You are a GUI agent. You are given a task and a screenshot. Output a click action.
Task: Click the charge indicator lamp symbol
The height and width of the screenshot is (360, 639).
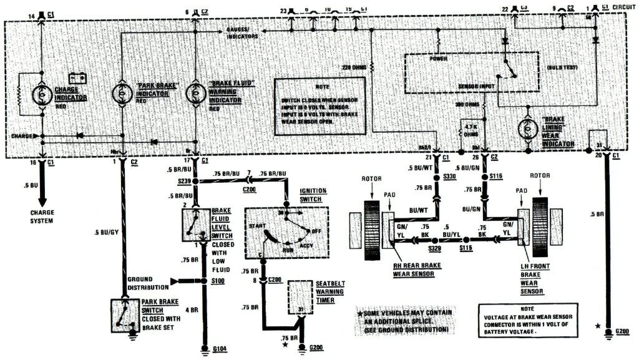[42, 94]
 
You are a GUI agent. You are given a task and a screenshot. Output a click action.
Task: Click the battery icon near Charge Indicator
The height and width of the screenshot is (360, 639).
[78, 78]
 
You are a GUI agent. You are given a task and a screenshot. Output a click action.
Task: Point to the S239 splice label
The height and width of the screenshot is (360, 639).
[184, 182]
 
